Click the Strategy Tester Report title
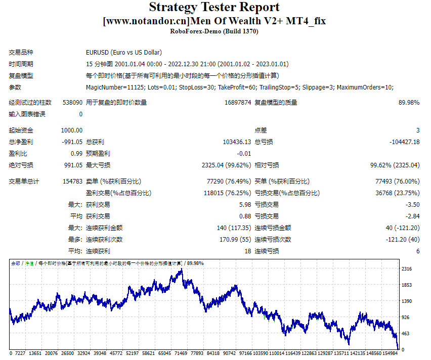[x=214, y=8]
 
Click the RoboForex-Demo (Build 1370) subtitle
[x=214, y=31]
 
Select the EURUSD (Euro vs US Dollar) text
[x=124, y=53]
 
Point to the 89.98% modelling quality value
[x=409, y=103]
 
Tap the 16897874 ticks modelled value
[x=238, y=103]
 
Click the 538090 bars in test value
[x=72, y=103]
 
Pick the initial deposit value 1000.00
[x=72, y=130]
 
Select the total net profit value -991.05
[x=72, y=142]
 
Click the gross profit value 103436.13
[x=237, y=142]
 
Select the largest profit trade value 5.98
[x=244, y=205]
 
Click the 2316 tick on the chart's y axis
[x=407, y=269]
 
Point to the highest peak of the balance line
[x=182, y=269]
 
